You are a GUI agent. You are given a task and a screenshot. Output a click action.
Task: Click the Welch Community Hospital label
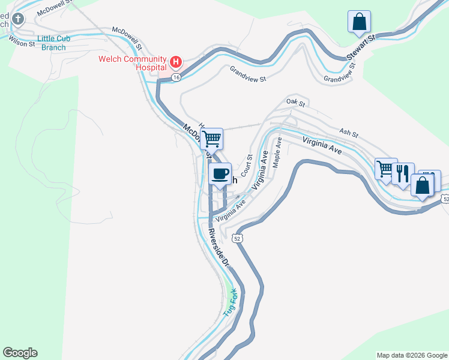tap(133, 63)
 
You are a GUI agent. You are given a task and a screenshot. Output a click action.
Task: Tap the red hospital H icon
tap(176, 62)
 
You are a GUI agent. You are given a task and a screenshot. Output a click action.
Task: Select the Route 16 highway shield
tap(175, 77)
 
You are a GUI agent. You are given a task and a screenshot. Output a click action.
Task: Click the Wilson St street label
tap(20, 43)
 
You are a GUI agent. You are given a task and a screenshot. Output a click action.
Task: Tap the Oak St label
tap(296, 103)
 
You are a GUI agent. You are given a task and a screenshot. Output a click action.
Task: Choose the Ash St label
tap(348, 132)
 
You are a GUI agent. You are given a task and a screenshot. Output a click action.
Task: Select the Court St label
tap(246, 163)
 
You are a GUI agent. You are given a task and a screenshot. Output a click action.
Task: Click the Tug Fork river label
tap(231, 304)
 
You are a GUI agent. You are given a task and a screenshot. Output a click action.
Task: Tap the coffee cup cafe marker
tap(220, 174)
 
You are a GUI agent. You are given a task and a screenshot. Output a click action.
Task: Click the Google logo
tap(20, 353)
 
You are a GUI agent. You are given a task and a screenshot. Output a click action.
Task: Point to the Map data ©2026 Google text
tap(412, 355)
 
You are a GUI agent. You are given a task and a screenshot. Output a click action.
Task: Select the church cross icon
tap(18, 19)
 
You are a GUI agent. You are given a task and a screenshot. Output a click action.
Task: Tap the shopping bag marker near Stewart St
tap(359, 22)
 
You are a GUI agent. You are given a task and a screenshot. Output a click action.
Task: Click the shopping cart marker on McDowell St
tap(211, 139)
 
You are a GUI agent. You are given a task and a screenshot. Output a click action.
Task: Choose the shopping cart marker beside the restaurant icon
tap(385, 169)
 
